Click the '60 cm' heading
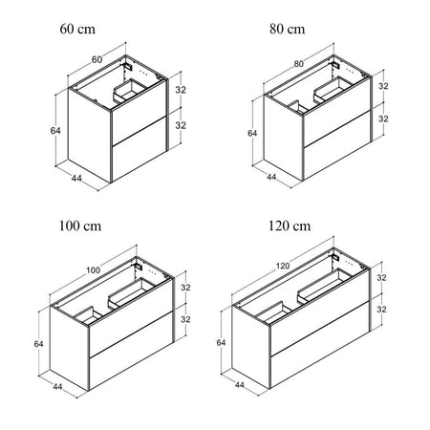[x=77, y=29]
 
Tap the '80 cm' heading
[x=287, y=29]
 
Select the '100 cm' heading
[x=80, y=226]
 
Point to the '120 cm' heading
[x=290, y=226]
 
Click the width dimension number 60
[x=97, y=59]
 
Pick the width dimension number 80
[x=298, y=64]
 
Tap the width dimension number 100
[x=94, y=270]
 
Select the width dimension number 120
[x=283, y=266]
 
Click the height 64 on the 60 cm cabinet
[x=55, y=131]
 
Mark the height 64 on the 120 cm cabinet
[x=221, y=343]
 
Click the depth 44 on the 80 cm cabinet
[x=271, y=177]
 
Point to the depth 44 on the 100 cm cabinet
[x=57, y=387]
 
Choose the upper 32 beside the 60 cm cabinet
[x=181, y=90]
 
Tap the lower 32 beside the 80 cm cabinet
[x=383, y=118]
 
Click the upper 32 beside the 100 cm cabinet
[x=185, y=288]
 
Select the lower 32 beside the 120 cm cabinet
[x=381, y=310]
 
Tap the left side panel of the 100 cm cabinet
[x=69, y=348]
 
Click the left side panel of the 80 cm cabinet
[x=283, y=138]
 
